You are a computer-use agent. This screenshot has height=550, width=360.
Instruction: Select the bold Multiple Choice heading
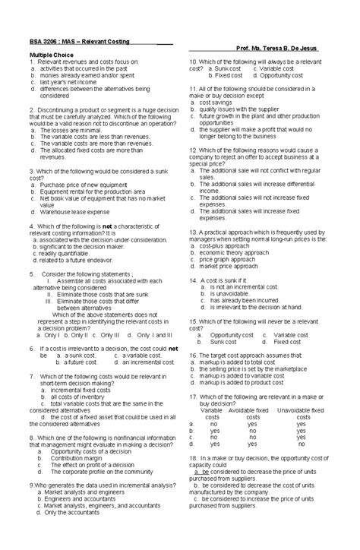[52, 55]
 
